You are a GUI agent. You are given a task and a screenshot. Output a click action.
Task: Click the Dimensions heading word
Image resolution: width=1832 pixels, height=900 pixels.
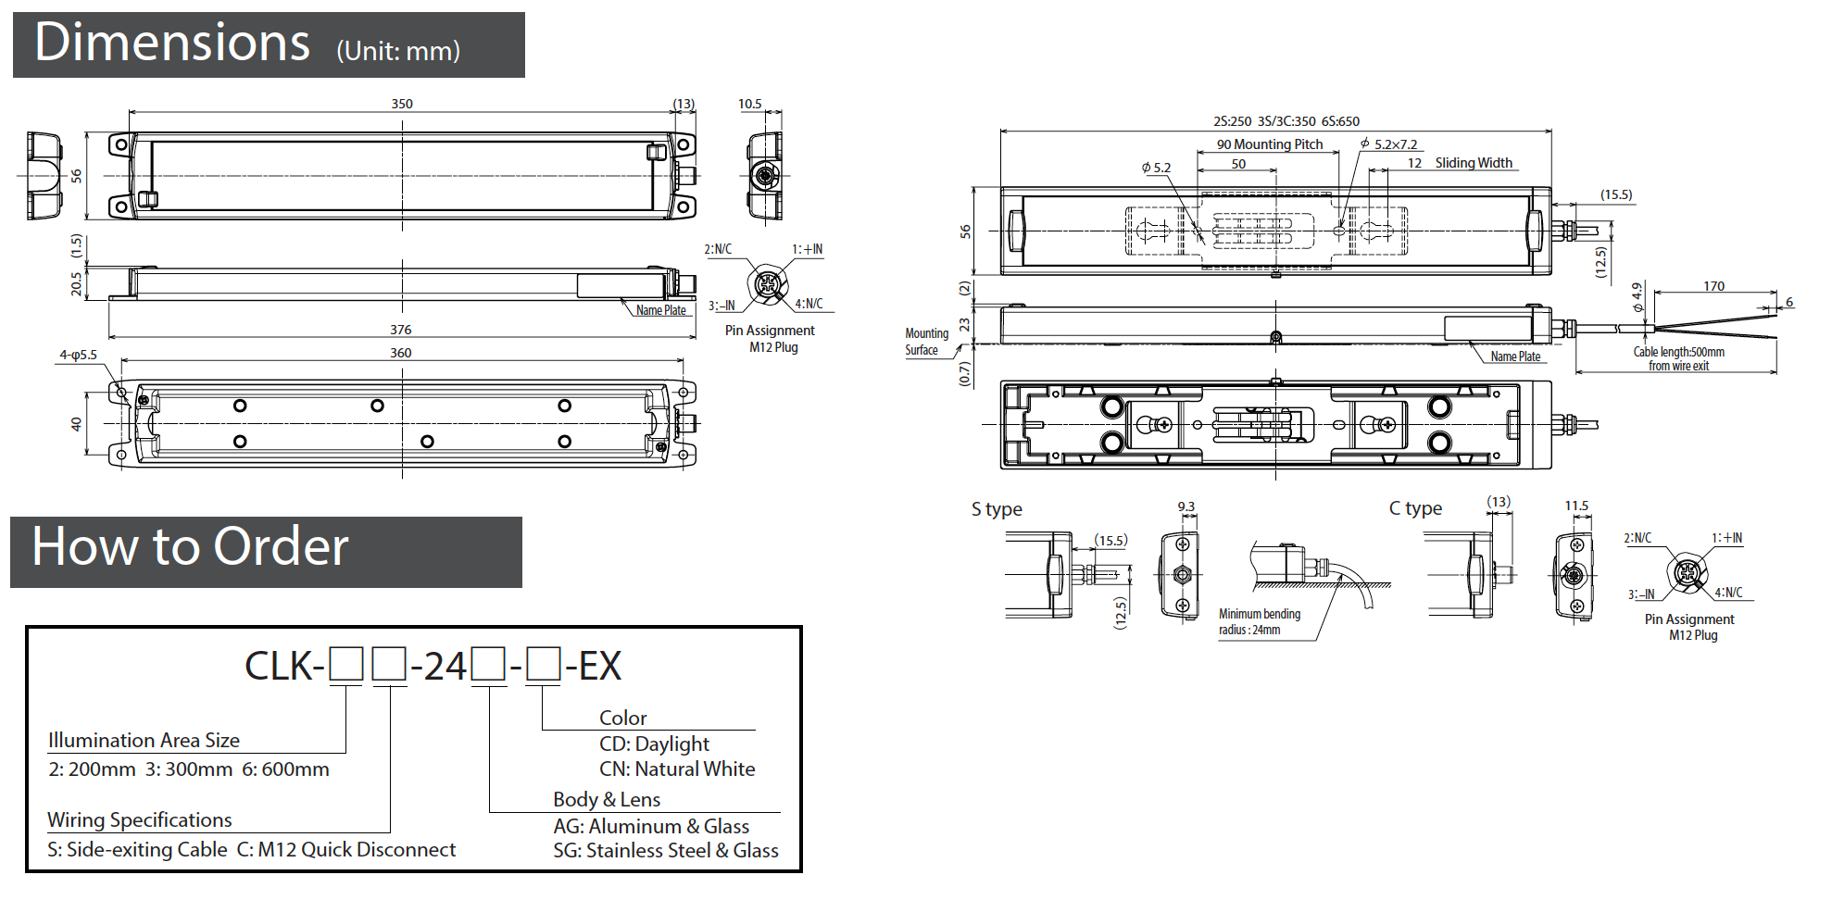coord(171,43)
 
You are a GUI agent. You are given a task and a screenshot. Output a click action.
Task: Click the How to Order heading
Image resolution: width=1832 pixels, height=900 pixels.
coord(190,546)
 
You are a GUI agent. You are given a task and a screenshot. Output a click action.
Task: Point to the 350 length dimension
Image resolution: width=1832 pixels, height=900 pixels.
coord(401,104)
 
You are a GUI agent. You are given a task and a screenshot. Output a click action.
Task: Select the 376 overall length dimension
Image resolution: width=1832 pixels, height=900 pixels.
coord(400,330)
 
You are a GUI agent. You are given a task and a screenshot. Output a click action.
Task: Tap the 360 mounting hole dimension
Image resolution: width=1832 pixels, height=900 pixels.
coord(400,353)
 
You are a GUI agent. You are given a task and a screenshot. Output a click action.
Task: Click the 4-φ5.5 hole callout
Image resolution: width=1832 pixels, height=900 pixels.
coord(78,355)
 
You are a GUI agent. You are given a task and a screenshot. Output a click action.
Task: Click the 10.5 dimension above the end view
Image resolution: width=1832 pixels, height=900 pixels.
coord(749,104)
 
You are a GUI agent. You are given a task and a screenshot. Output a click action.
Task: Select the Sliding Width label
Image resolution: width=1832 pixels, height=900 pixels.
coord(1473,163)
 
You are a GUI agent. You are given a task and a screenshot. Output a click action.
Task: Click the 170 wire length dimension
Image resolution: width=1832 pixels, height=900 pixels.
coord(1713,286)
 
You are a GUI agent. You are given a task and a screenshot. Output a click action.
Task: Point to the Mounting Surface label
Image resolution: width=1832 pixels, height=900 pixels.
coord(926,342)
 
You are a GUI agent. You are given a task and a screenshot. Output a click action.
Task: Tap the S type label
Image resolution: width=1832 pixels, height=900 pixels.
coord(997,509)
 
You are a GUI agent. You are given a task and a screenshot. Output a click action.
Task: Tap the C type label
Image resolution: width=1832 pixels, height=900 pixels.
coord(1415,508)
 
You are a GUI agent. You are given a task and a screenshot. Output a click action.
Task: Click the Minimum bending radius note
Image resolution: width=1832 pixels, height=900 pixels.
coord(1259,621)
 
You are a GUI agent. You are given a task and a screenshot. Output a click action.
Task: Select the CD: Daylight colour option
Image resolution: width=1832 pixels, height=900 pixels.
coord(654,744)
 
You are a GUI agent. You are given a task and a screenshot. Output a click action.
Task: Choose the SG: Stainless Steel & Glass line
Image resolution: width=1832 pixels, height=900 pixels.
coord(665,851)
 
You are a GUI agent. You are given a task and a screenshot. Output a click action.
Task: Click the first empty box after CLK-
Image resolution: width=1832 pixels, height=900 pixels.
coord(346,665)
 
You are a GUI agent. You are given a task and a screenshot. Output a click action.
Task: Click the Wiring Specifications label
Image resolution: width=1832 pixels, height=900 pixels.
coord(140,820)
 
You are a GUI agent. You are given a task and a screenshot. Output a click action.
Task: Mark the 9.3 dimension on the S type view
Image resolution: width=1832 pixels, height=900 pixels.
coord(1186,506)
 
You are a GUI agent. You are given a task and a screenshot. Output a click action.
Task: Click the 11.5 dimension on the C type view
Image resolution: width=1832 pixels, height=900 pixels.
coord(1575,506)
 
